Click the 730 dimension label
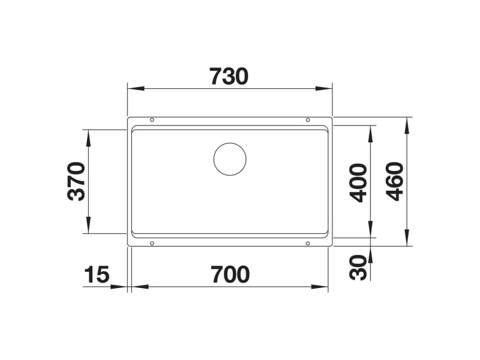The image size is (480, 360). pos(229,76)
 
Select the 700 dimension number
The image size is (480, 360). pos(230,275)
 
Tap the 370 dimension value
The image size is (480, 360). pos(76,182)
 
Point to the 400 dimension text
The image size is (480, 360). pos(358,183)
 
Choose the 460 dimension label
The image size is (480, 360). pos(395,182)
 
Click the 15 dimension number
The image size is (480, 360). pos(97,275)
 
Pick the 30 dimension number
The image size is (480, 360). pos(358,268)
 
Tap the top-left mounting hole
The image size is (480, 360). pos(152,120)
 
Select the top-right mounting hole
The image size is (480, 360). pos(308,120)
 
